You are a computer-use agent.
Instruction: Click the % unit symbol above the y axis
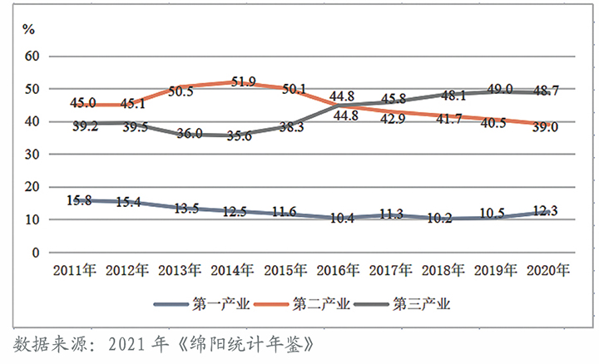tap(28, 29)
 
